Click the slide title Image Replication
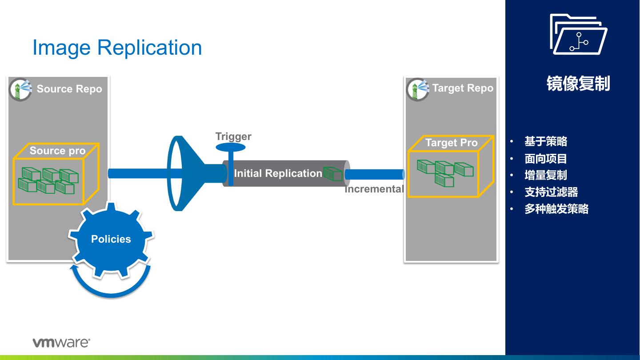(117, 48)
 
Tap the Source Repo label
(69, 89)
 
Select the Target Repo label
(463, 88)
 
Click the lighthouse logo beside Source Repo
(20, 89)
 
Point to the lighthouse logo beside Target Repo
(417, 89)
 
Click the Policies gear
(111, 239)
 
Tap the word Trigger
(233, 136)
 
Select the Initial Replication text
(278, 173)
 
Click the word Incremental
(374, 189)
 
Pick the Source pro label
(57, 151)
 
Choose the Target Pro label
(451, 143)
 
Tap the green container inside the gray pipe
(333, 173)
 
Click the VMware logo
(61, 343)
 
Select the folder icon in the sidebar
(578, 35)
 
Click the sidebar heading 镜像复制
(578, 84)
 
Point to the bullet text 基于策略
(546, 142)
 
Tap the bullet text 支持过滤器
(551, 192)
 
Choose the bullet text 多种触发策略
(556, 209)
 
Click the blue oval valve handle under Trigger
(231, 148)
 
